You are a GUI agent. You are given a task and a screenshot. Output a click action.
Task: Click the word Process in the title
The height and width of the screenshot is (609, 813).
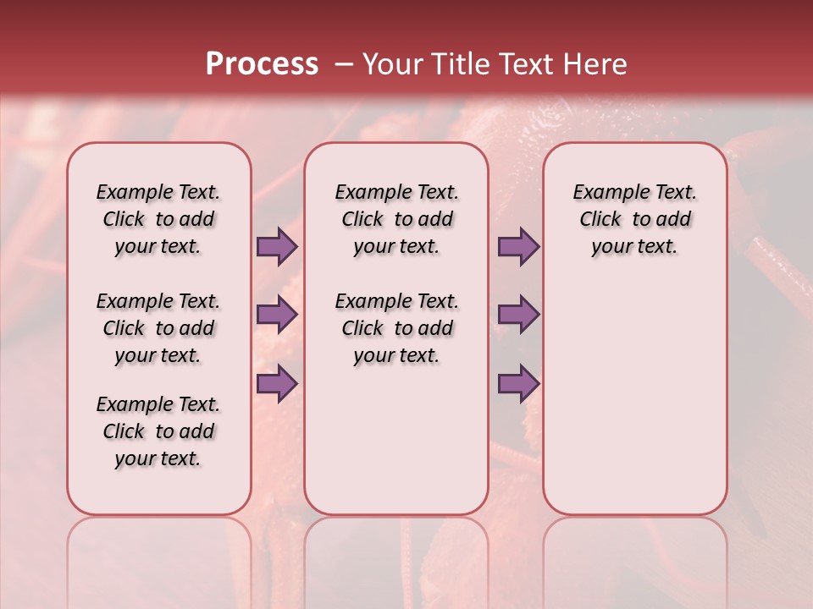point(262,64)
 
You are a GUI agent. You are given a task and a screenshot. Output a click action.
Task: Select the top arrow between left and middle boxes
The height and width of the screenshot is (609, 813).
point(277,247)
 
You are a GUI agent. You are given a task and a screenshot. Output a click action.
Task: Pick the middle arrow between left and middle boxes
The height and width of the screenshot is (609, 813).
point(277,315)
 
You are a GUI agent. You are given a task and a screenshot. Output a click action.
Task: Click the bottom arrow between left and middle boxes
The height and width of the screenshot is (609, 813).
point(277,383)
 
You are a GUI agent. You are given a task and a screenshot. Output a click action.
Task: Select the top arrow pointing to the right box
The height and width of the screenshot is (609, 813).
point(518,247)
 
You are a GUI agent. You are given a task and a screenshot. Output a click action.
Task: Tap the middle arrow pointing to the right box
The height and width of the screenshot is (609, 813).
point(518,315)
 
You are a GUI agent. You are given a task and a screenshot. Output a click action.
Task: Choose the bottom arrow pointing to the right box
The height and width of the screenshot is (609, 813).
point(518,383)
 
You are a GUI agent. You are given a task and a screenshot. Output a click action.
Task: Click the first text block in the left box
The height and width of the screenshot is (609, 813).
point(158,219)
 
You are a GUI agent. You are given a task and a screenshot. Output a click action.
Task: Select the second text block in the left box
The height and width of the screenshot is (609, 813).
point(158,328)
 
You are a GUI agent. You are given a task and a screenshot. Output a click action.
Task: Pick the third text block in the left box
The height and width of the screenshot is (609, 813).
point(158,431)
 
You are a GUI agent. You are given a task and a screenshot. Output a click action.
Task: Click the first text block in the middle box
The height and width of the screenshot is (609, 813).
point(396,219)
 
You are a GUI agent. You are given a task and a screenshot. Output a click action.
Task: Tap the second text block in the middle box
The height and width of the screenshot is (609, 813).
point(396,328)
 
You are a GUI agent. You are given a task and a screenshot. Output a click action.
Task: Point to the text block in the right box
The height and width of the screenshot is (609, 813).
point(634,219)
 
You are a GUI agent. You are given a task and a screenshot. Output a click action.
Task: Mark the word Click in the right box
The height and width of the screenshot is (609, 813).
point(600,220)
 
